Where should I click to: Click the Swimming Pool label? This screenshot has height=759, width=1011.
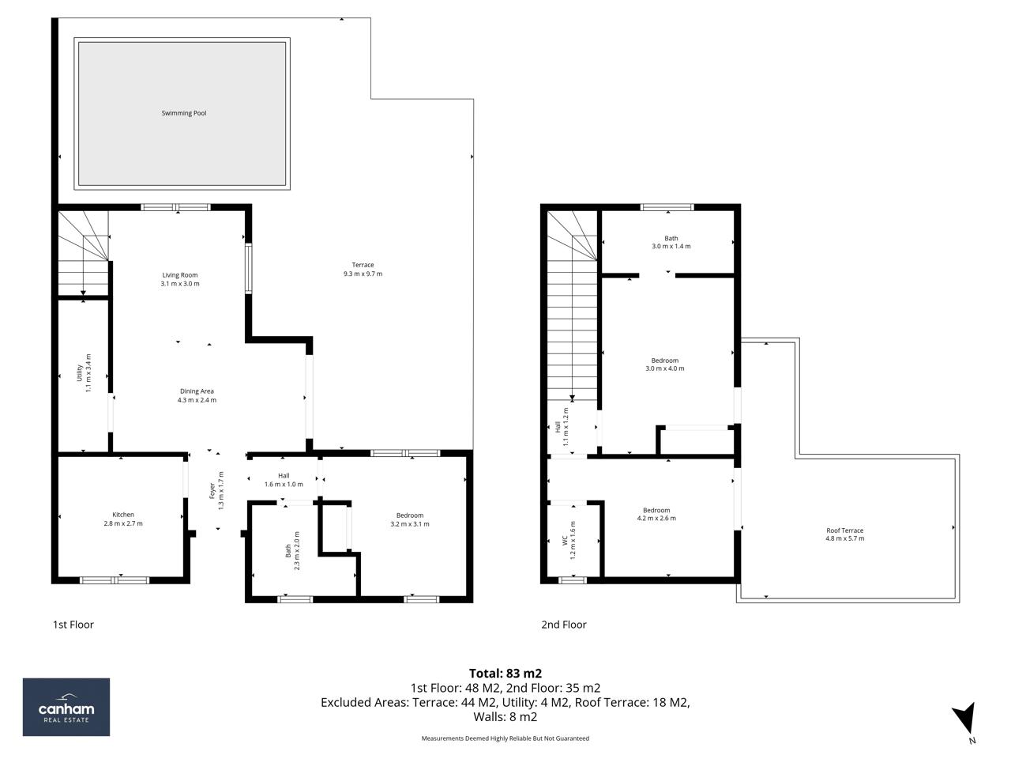click(x=183, y=113)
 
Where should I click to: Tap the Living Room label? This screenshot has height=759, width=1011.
click(x=180, y=275)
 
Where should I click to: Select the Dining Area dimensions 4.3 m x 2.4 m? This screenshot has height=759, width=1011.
click(x=197, y=400)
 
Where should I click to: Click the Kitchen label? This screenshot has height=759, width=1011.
click(x=123, y=515)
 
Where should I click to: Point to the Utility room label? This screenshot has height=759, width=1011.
click(x=80, y=372)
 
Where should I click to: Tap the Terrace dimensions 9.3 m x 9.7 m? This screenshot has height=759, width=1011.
click(x=363, y=274)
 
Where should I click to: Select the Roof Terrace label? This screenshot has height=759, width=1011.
click(x=844, y=531)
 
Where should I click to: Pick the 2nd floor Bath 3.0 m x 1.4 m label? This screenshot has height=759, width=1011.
click(x=671, y=242)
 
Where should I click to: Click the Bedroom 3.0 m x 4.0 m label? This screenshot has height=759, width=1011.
click(x=664, y=364)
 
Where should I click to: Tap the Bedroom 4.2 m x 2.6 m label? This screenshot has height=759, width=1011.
click(x=656, y=514)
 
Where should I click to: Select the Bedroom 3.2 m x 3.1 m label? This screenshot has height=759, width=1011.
click(x=410, y=519)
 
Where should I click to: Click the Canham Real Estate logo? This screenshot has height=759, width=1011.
click(x=66, y=707)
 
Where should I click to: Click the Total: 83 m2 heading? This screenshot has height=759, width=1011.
click(x=505, y=674)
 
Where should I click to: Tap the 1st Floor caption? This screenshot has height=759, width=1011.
click(x=73, y=625)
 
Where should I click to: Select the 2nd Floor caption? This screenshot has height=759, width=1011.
click(x=563, y=625)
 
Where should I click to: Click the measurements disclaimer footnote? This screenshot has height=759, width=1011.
click(x=505, y=738)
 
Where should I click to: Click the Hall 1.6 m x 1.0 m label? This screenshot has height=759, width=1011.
click(x=284, y=480)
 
